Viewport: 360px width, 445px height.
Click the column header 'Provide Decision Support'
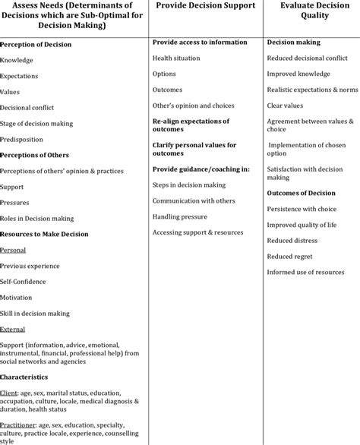(x=205, y=6)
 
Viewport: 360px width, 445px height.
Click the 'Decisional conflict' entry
(x=27, y=108)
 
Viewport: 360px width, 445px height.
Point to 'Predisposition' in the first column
(x=21, y=139)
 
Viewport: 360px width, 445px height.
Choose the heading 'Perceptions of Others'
(x=36, y=155)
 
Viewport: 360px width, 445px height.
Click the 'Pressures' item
(x=15, y=203)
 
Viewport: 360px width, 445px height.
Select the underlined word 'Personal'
(x=13, y=249)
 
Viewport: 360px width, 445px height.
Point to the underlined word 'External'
(x=12, y=329)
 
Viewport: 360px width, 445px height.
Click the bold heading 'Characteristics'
(x=24, y=376)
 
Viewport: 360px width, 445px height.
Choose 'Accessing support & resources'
(x=197, y=232)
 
